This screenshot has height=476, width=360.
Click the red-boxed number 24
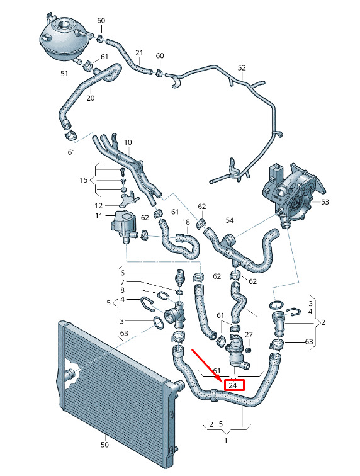233,385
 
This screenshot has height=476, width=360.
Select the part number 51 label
64,74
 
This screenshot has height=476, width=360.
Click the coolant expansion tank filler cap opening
65,23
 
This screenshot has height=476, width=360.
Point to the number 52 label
242,68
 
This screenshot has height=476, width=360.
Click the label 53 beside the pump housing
325,202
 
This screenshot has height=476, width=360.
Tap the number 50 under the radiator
104,445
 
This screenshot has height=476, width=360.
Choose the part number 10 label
128,142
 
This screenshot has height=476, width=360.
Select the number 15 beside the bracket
84,180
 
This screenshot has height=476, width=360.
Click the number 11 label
99,216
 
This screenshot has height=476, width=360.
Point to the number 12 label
99,205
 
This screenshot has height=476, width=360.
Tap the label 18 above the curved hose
186,222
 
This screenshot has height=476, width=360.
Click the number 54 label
230,220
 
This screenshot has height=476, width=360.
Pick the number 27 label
249,335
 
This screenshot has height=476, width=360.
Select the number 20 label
91,98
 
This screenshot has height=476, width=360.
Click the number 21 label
139,53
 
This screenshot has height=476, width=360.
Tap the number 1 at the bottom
226,440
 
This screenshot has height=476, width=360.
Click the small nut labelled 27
249,350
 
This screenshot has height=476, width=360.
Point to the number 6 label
122,273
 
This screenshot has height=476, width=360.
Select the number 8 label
122,290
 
